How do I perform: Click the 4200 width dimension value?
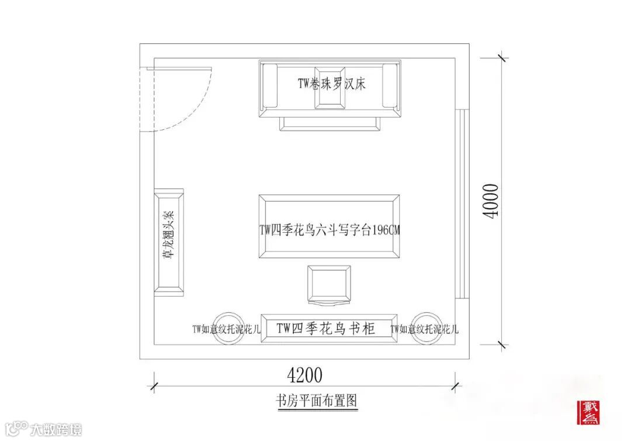[305, 373]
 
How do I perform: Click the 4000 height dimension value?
[491, 201]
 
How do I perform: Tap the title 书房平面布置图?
[316, 401]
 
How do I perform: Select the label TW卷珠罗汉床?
[331, 84]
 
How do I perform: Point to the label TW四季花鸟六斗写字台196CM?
[330, 230]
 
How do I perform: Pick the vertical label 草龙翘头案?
[168, 242]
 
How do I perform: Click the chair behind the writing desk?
[330, 285]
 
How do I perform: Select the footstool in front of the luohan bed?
[330, 123]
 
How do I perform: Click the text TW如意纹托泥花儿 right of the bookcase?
[425, 329]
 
